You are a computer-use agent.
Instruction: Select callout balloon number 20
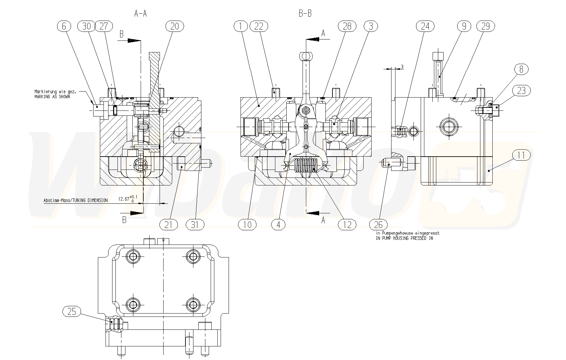coord(175,26)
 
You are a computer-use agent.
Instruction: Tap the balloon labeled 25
coord(72,311)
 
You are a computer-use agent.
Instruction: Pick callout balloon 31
coord(195,225)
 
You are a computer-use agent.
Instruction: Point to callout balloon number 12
coord(347,225)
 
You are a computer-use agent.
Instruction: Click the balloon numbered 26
coord(378,225)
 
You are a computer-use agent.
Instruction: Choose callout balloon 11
coord(521,155)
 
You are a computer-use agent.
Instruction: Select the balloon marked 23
coord(521,90)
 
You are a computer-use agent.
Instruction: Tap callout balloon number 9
coord(464,26)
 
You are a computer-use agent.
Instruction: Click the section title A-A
coord(140,13)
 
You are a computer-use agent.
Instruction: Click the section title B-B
coord(305,13)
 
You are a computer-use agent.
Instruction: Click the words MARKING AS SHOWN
coord(52,97)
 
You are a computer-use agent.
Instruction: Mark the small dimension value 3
coord(402,67)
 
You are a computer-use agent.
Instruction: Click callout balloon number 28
coord(347,26)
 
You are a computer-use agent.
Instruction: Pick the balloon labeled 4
coord(278,225)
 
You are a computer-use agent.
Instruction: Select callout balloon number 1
coord(241,26)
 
